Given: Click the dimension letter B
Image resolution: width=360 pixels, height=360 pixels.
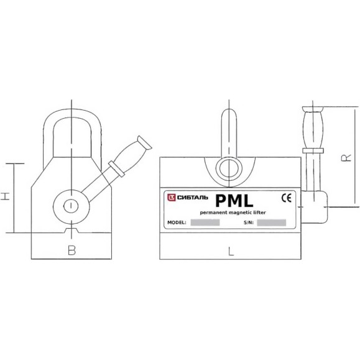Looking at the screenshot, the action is [72, 250].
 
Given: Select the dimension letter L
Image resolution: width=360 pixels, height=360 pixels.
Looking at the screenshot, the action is [231, 252].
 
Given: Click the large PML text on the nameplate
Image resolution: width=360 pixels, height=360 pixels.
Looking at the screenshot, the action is [234, 201].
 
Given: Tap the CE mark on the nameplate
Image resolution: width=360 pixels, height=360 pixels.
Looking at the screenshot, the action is [287, 198].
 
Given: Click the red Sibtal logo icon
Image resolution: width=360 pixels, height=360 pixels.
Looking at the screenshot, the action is [171, 198].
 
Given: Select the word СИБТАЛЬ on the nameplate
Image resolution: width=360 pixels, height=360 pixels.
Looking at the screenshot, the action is [193, 198].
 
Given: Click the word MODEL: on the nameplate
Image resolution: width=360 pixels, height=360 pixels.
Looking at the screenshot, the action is [177, 223].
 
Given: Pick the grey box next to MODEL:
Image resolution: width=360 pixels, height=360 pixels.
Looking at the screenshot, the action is [205, 222].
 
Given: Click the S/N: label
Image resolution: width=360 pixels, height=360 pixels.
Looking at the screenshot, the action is [249, 223].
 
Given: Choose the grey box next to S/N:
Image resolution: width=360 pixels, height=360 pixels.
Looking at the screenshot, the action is [271, 223].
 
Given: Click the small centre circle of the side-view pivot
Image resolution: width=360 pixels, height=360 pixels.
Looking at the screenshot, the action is [71, 206].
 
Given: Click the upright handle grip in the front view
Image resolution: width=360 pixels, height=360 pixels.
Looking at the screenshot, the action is [313, 127].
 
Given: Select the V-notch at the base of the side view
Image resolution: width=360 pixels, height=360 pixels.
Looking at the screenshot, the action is [72, 230].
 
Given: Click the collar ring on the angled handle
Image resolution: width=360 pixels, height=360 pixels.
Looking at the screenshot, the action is [117, 169].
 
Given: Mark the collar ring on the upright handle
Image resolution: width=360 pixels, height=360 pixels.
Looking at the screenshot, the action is [313, 151].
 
